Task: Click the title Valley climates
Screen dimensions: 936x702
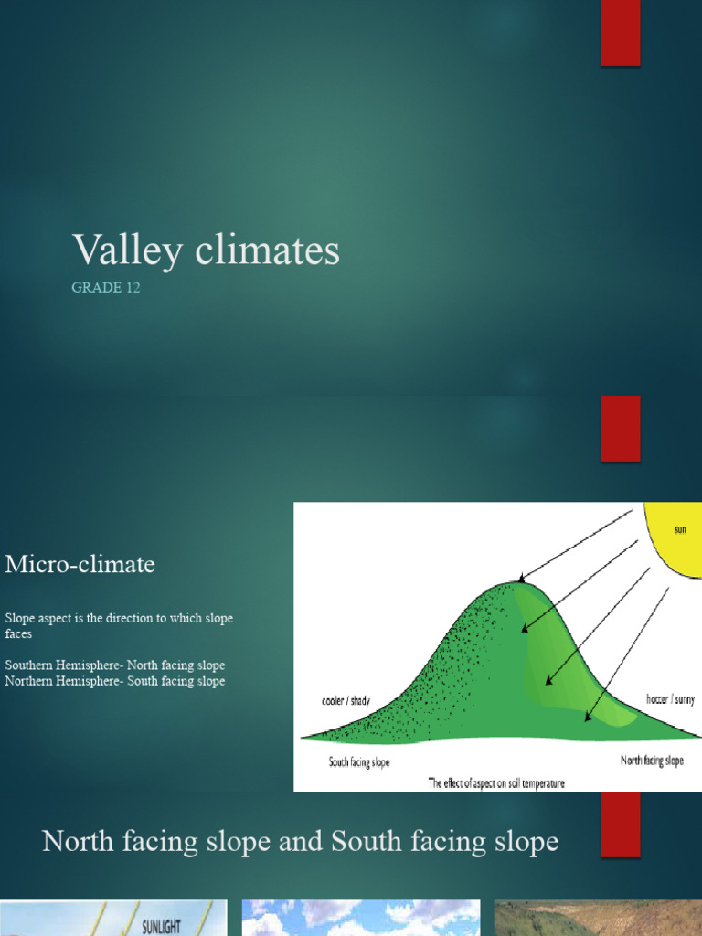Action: coord(206,250)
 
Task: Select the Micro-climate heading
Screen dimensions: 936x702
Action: coord(80,565)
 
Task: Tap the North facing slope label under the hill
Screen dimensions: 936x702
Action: coord(651,760)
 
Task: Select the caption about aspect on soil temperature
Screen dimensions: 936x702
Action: coord(495,782)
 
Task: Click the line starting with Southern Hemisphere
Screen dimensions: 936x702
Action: coord(114,665)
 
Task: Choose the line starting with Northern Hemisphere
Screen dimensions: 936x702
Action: coord(114,681)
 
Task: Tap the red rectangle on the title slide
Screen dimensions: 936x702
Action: coord(620,33)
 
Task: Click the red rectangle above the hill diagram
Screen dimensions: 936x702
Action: coord(620,429)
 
